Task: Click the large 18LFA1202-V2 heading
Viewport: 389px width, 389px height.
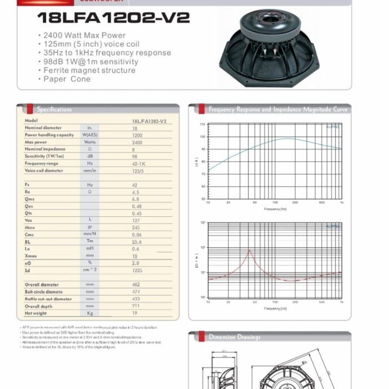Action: click(113, 18)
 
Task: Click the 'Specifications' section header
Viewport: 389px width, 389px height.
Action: click(54, 109)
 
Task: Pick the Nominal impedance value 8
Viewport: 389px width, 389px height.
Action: click(134, 149)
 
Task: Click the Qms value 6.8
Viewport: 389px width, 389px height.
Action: click(136, 198)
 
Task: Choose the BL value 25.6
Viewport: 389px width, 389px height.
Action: click(137, 242)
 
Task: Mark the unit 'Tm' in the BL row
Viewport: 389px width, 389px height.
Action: click(90, 242)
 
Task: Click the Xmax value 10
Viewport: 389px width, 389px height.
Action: click(135, 256)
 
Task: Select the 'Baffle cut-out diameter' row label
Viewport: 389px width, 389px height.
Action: click(48, 299)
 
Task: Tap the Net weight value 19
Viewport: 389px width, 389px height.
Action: click(135, 313)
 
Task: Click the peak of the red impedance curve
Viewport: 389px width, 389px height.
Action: click(250, 251)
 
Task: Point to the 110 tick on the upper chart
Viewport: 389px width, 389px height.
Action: click(203, 124)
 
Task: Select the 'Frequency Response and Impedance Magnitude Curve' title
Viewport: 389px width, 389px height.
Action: click(278, 109)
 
